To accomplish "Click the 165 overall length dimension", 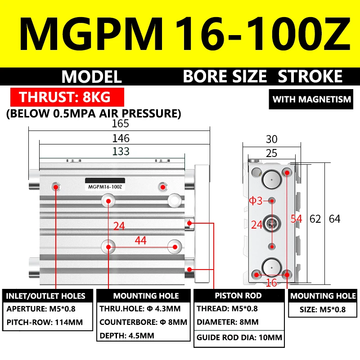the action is pos(120,123).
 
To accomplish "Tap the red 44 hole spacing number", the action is pos(141,241).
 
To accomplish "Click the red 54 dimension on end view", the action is pos(296,219).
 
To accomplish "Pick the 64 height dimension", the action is pos(334,219).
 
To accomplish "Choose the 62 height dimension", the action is pos(315,219).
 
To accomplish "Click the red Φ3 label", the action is pos(256,201).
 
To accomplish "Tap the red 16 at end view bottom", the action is pos(271,282).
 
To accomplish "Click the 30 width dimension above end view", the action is pos(271,139).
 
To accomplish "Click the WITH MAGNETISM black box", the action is pos(312,99).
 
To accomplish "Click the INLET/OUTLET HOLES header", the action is pos(45,296).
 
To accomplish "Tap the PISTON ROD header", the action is pos(239,296).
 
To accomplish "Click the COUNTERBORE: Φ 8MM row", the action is pos(143,323).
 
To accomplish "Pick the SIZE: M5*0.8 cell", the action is pos(323,310).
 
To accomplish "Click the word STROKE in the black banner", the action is pos(310,76).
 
